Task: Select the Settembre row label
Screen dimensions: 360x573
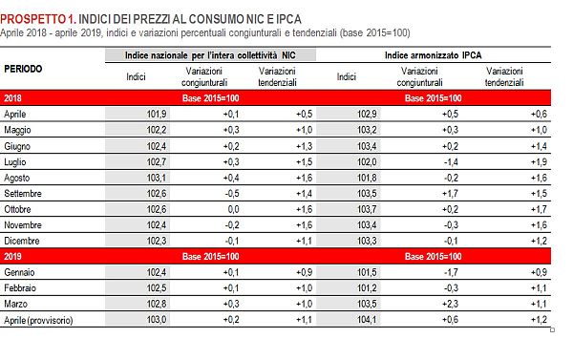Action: tap(26, 193)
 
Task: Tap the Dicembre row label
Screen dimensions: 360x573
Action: tap(23, 241)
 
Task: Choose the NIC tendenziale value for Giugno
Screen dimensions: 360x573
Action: tap(303, 145)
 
